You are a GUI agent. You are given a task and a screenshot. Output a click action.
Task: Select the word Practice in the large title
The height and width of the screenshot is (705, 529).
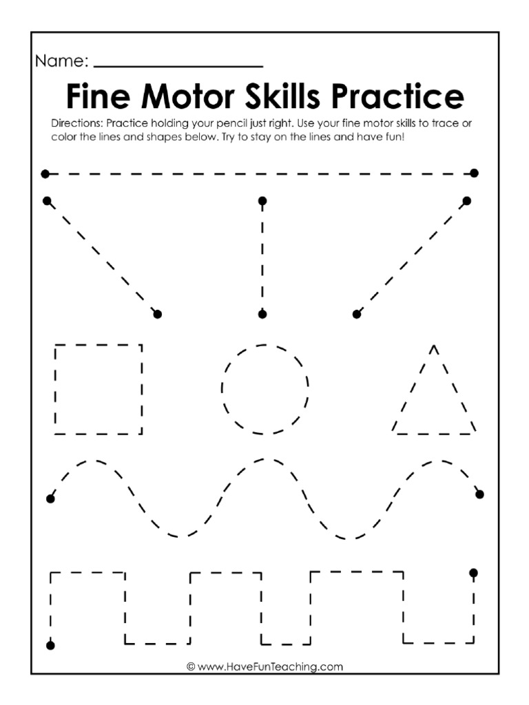click(397, 98)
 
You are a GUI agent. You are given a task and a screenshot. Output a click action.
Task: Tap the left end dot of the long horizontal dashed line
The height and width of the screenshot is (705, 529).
click(45, 173)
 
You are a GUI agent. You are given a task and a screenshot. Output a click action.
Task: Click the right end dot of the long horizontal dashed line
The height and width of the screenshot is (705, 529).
click(474, 173)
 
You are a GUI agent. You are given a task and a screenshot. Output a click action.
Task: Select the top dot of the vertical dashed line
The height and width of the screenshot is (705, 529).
click(262, 201)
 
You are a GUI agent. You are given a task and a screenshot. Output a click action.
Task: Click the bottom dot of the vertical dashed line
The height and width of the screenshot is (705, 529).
click(262, 314)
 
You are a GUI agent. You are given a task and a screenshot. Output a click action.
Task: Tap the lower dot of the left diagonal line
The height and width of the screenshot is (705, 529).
click(157, 314)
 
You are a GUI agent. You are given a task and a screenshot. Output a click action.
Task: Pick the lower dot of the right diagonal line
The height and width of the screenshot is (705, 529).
click(356, 314)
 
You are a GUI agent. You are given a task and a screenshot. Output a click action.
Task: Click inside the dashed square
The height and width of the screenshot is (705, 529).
click(98, 389)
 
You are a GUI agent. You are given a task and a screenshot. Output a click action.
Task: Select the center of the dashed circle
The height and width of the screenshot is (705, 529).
click(264, 389)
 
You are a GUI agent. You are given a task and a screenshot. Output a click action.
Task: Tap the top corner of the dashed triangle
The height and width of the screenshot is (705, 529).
click(433, 346)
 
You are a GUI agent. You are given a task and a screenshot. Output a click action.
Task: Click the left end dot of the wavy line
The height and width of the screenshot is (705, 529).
click(50, 498)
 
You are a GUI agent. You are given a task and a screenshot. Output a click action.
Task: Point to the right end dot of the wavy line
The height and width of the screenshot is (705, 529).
click(479, 494)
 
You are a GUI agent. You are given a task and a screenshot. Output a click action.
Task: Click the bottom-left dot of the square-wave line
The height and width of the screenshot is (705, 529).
click(50, 645)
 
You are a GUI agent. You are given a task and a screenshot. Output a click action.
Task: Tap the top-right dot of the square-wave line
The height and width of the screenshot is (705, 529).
click(473, 573)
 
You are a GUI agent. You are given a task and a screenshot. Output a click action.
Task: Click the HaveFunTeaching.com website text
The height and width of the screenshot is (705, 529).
click(264, 666)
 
